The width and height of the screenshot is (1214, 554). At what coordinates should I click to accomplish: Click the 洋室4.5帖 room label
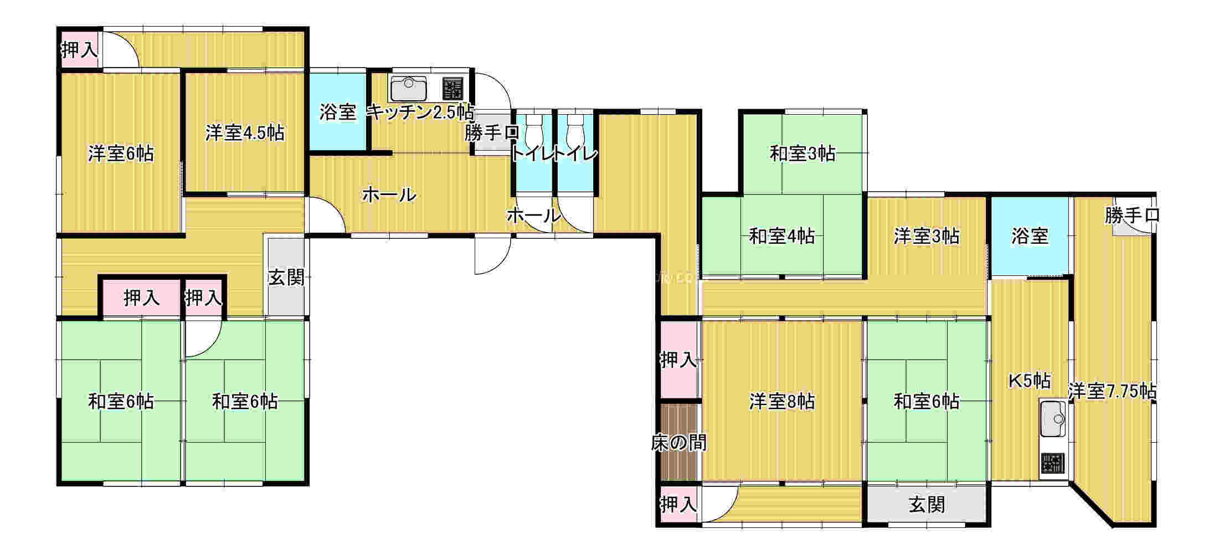click(245, 133)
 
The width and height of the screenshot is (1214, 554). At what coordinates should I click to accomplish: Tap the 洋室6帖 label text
click(121, 153)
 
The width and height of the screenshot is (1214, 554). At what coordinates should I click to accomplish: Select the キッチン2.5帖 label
click(421, 112)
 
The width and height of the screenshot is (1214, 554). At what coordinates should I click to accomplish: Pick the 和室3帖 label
click(803, 153)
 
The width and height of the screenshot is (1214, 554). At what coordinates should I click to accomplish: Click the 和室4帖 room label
click(782, 237)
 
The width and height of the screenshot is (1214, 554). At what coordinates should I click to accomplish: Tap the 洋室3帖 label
click(927, 237)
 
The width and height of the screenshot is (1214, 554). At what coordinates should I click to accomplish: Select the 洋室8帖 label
click(782, 402)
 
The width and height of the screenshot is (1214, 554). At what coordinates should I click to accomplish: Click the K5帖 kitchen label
click(1029, 381)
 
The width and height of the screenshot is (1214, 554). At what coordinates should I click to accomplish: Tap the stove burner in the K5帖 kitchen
click(1052, 463)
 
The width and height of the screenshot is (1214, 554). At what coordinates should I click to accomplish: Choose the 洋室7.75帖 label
click(1112, 392)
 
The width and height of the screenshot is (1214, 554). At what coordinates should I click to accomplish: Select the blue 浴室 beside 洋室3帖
click(1030, 237)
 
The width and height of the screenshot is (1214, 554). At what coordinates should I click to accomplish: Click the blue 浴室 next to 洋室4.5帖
click(338, 112)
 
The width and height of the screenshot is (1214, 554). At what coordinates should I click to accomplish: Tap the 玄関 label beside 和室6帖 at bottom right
click(927, 505)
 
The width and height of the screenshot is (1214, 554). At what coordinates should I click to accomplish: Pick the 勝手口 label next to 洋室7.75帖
click(1132, 216)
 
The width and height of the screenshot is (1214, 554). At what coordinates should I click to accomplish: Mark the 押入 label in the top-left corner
click(80, 50)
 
